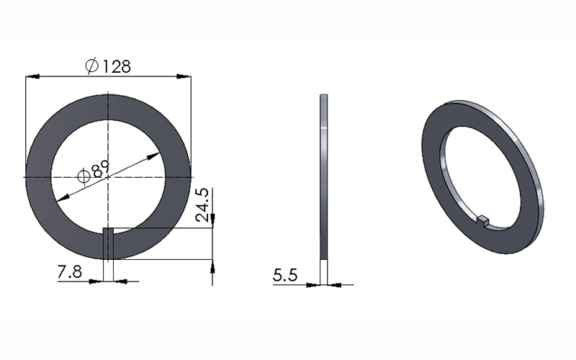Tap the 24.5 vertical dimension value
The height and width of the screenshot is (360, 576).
click(202, 205)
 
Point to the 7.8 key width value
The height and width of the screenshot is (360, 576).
click(70, 272)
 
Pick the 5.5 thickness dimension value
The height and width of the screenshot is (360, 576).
click(285, 275)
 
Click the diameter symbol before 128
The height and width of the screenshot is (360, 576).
click(92, 66)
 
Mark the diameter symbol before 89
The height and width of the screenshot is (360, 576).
click(84, 176)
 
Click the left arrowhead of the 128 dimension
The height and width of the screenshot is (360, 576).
click(32, 76)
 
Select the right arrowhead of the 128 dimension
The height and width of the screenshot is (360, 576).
click(184, 76)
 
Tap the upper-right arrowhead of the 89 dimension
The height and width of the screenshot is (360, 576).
click(153, 156)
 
